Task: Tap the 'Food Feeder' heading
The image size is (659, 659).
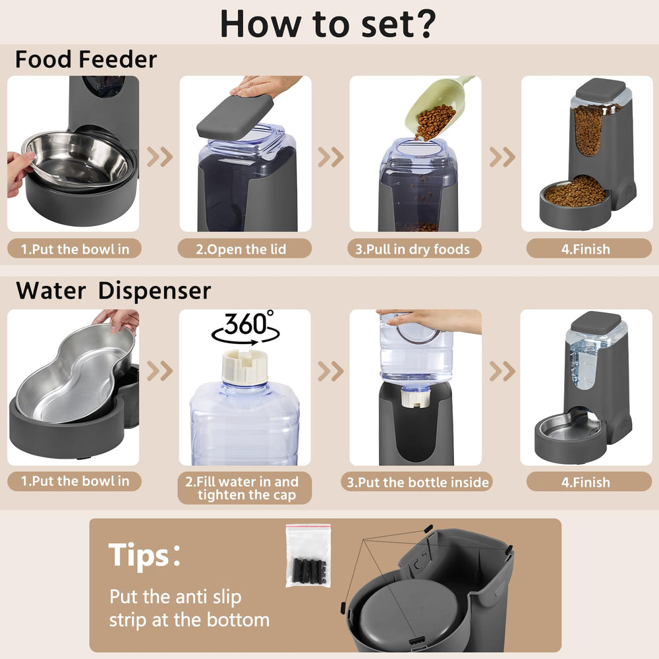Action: (x=86, y=59)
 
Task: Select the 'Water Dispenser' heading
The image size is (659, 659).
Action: (x=113, y=291)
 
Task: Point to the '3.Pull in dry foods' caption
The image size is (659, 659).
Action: (x=414, y=249)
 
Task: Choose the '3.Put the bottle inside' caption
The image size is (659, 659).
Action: (x=418, y=482)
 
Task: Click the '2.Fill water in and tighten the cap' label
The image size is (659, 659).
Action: (x=245, y=488)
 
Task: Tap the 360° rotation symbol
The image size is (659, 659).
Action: (x=245, y=328)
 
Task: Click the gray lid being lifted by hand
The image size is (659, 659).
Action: (x=235, y=116)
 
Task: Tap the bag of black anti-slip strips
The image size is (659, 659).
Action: (x=308, y=555)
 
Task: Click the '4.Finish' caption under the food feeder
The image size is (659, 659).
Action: (x=586, y=249)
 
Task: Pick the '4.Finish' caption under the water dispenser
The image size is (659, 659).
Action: (x=586, y=482)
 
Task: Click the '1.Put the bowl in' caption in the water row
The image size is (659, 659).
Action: (x=75, y=481)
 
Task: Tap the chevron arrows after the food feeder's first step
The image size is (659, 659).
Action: (x=159, y=157)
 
